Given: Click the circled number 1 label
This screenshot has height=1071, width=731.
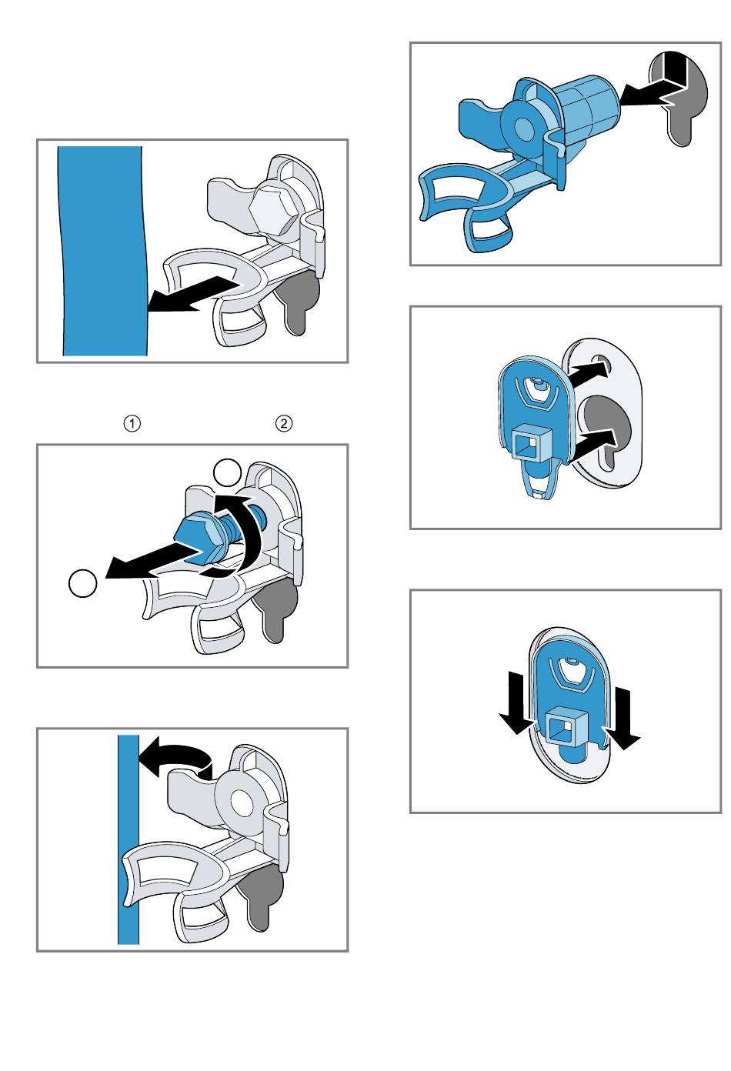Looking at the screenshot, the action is point(132,423).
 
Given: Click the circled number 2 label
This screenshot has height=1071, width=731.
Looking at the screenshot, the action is point(284,423).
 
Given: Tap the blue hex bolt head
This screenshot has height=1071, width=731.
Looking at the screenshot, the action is point(195,535).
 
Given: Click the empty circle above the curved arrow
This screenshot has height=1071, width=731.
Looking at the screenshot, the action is point(227,473).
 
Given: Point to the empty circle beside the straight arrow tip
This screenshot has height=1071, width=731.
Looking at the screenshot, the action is point(82,583).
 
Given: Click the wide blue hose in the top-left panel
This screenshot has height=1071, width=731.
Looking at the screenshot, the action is point(103,251).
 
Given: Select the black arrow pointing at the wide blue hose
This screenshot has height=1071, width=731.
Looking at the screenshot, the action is point(194,295).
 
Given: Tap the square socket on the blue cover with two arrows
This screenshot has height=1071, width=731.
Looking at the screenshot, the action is point(532,443).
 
